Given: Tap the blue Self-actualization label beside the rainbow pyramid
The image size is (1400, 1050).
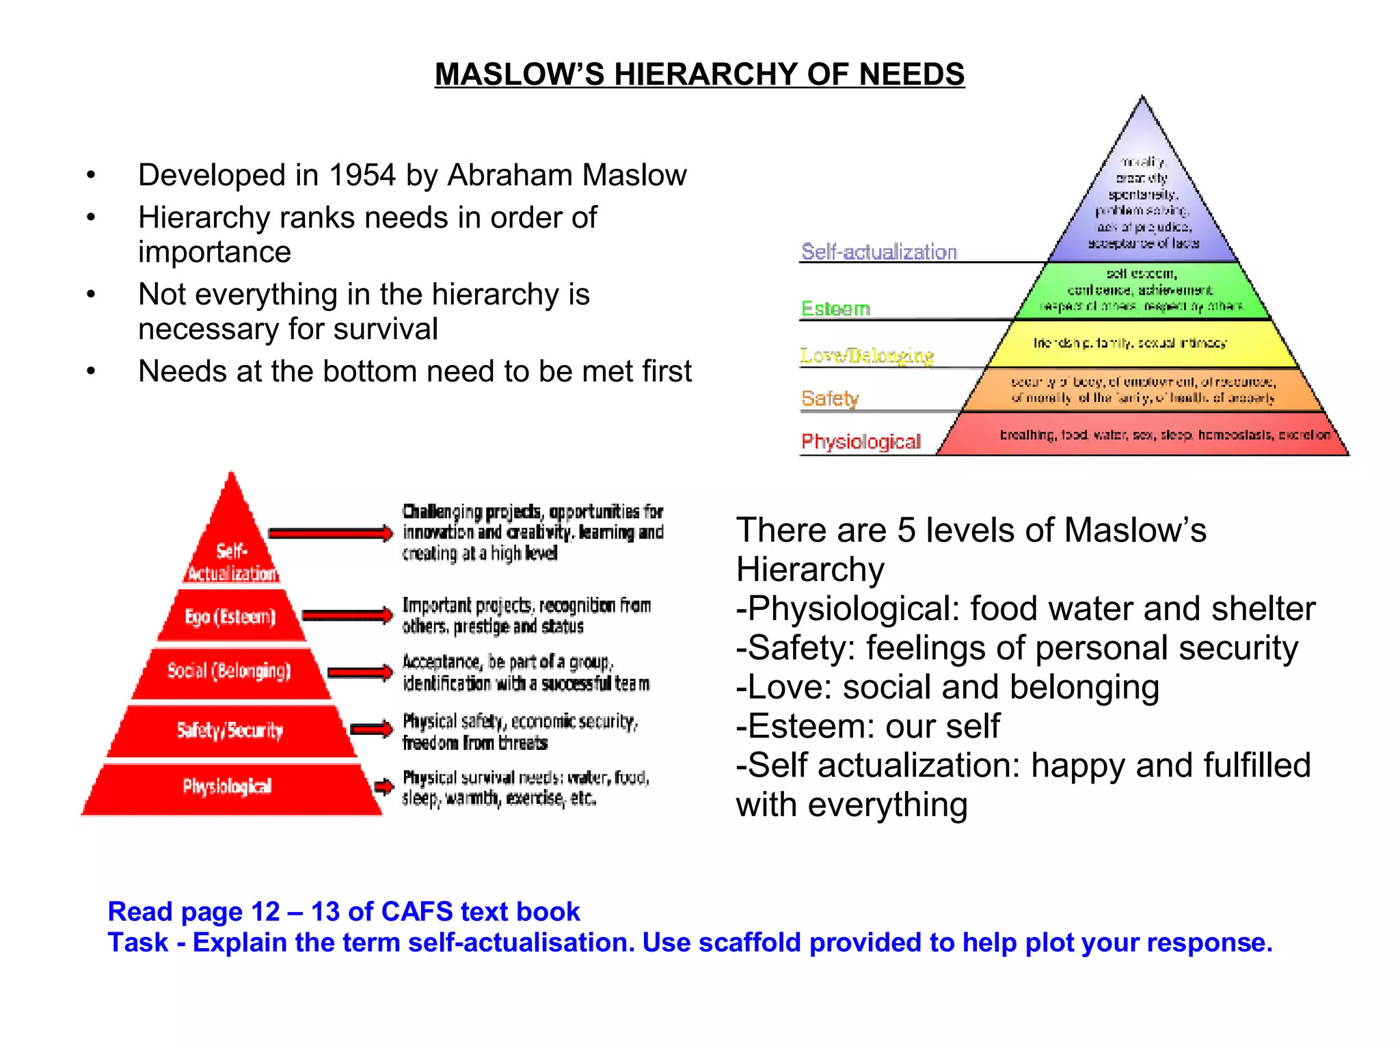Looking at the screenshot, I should [879, 252].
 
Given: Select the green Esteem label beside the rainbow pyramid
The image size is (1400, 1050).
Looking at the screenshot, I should [835, 308].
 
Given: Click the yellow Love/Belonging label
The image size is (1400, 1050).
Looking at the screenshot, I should [867, 355].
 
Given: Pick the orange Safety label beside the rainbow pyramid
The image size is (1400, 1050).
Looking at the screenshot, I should [830, 398].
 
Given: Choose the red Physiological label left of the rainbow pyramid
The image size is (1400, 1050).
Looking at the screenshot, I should [861, 442].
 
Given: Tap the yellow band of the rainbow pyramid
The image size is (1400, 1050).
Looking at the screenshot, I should [1143, 344].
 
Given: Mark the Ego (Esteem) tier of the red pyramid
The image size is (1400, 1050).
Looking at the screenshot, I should [230, 617].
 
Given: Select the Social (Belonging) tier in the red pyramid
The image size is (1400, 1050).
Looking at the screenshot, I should [230, 671].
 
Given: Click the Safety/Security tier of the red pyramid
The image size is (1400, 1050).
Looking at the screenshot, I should [230, 730].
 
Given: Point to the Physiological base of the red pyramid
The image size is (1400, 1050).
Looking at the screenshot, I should [228, 787].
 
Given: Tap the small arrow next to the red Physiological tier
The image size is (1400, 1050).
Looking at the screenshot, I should [384, 786].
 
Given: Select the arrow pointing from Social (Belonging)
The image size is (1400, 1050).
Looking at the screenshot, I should [360, 673].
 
